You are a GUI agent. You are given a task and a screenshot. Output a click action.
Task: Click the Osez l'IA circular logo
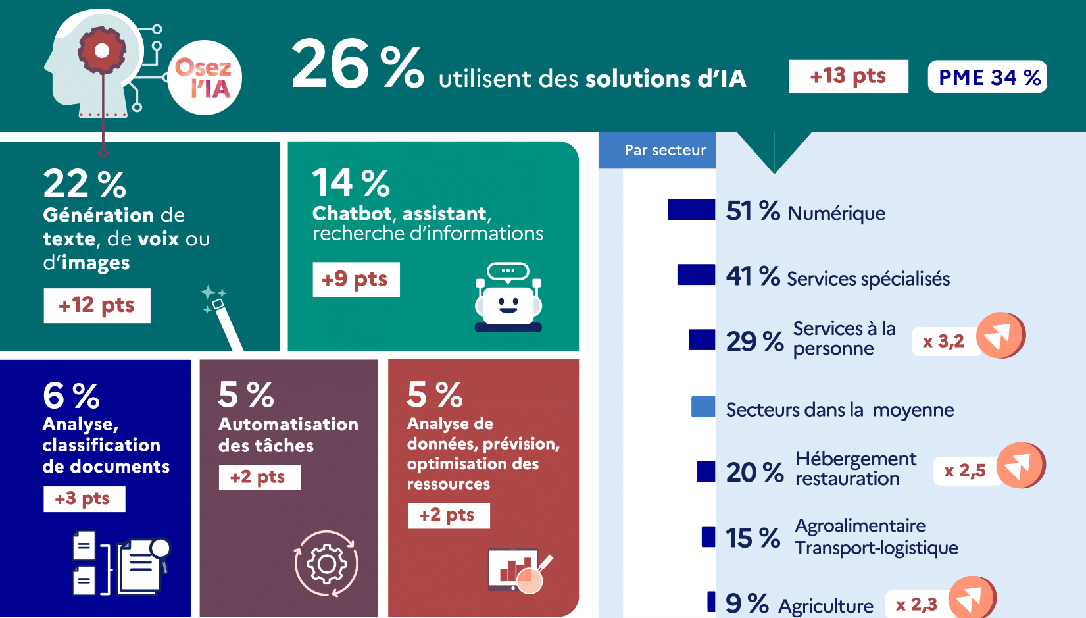point(205,78)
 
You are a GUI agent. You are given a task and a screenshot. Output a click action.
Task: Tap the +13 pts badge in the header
point(848,76)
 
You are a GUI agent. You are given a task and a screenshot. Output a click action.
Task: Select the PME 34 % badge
point(987,77)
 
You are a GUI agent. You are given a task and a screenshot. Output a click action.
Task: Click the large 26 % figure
point(357,64)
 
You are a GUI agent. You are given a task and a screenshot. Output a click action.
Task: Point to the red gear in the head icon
point(102,50)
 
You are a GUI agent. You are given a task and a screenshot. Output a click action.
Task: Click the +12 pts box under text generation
point(97,305)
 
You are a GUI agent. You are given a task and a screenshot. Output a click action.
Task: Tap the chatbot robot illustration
point(508,297)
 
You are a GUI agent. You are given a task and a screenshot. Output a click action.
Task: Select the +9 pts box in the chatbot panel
point(355,279)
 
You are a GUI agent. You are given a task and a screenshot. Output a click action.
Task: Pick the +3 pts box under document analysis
point(84,499)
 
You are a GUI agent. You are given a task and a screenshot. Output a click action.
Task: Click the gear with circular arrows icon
point(326,563)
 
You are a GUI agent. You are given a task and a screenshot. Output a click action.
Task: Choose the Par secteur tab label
point(665,150)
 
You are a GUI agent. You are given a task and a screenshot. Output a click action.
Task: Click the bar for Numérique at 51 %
point(691,209)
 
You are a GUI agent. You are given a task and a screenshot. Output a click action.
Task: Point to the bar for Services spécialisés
point(696,274)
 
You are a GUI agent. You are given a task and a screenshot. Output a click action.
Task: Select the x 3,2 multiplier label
point(943,342)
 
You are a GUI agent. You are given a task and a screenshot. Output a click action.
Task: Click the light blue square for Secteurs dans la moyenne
point(703,407)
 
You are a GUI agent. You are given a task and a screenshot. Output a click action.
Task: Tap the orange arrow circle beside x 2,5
point(1020,465)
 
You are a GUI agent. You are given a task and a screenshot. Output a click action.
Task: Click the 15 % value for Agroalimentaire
point(753,538)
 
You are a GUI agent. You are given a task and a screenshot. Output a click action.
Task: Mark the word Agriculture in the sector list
point(826,605)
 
